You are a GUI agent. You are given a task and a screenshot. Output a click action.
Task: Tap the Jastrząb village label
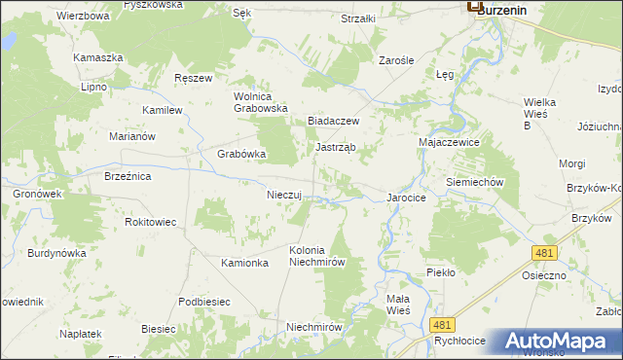(x=336, y=148)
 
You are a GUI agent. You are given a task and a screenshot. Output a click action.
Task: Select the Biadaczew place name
(x=334, y=121)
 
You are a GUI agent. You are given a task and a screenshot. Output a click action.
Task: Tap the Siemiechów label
(x=473, y=182)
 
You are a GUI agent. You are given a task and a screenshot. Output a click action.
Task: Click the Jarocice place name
(x=407, y=198)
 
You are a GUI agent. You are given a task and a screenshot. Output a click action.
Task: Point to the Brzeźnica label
(x=128, y=176)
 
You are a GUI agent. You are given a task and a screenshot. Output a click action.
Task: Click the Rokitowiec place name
(x=151, y=222)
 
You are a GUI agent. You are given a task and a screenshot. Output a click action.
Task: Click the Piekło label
(x=440, y=272)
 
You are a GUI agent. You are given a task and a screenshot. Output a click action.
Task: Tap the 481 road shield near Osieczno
(x=544, y=252)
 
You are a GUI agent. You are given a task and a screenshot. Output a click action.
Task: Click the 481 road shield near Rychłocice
(x=443, y=325)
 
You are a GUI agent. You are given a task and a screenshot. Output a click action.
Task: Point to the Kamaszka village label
(x=98, y=57)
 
